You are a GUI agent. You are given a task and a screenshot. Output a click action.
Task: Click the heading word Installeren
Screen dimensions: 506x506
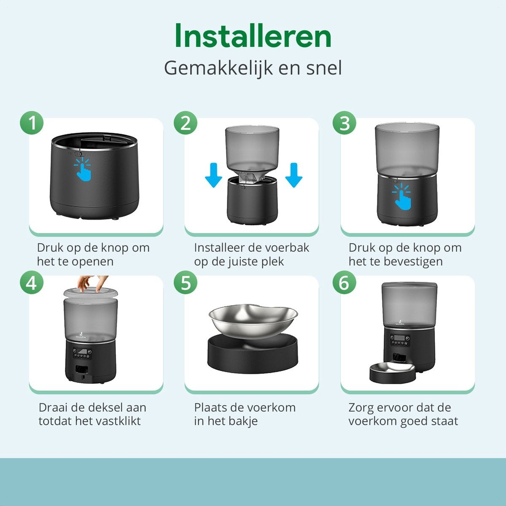253,35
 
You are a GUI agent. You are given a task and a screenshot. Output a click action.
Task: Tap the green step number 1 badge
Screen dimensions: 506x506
32,123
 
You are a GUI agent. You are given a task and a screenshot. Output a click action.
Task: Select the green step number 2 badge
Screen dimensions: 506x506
186,123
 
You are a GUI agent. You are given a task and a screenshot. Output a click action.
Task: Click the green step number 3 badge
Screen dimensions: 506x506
344,123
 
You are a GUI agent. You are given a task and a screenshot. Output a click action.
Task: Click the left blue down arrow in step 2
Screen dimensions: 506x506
214,175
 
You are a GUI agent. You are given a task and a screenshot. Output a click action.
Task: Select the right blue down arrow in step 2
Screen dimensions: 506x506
293,175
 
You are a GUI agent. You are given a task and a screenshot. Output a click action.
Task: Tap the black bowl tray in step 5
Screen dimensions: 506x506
253,354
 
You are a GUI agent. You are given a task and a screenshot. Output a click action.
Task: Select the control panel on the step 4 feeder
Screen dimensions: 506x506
83,354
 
